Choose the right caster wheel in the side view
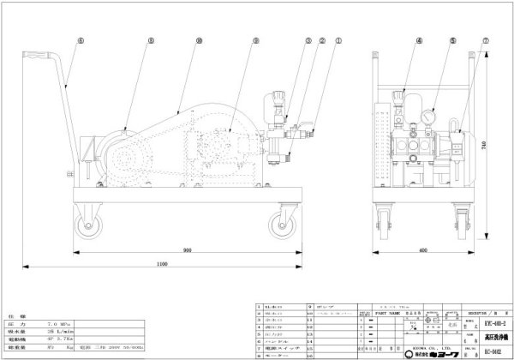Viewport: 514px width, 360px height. click(279, 225)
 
